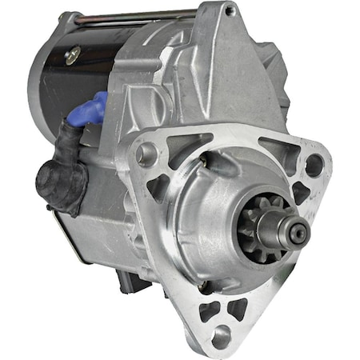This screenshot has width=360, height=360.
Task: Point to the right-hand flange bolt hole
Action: [x=314, y=165]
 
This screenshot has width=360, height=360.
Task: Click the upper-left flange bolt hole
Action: [x=146, y=153]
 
